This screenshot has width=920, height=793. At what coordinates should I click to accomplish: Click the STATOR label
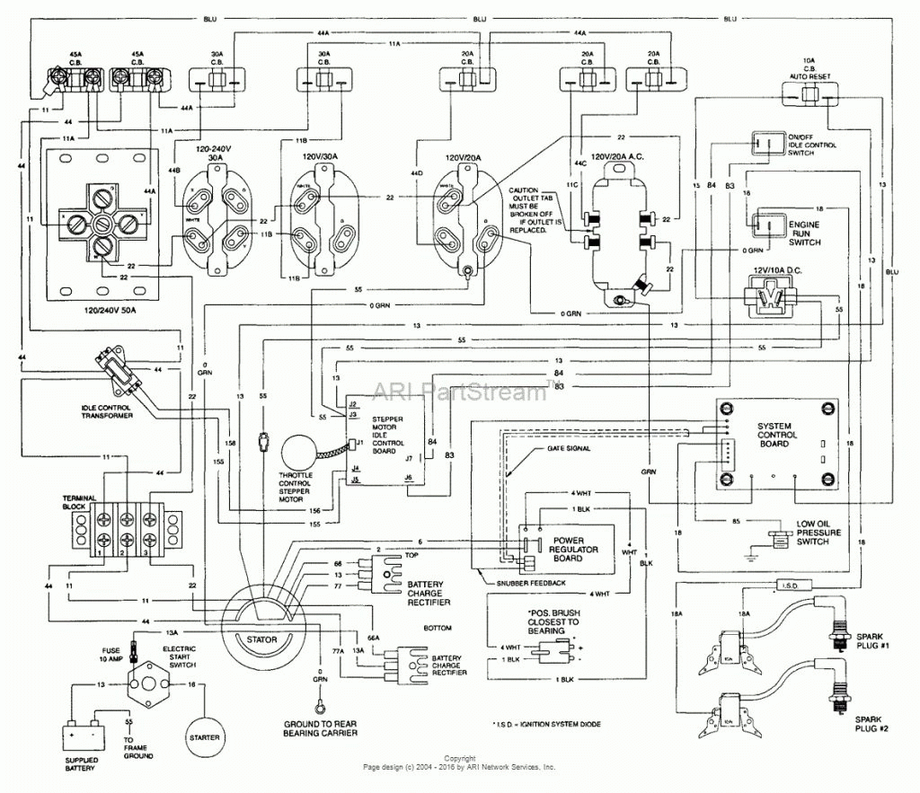coord(261,640)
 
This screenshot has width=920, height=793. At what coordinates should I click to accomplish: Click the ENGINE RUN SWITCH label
coord(805,231)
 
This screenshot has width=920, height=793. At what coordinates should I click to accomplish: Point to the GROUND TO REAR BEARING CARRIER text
coord(320,728)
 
